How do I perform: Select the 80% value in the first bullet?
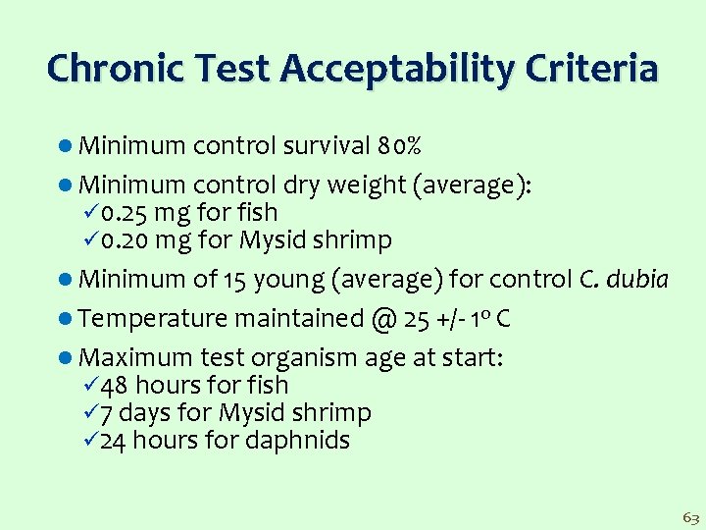click(399, 147)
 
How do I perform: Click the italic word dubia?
click(637, 281)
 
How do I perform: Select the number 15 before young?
click(234, 281)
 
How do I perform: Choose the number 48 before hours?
click(114, 386)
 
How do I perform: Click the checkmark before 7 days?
click(91, 413)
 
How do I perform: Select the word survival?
click(327, 147)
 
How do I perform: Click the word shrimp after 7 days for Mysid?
click(335, 413)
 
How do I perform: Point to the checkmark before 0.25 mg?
click(91, 213)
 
